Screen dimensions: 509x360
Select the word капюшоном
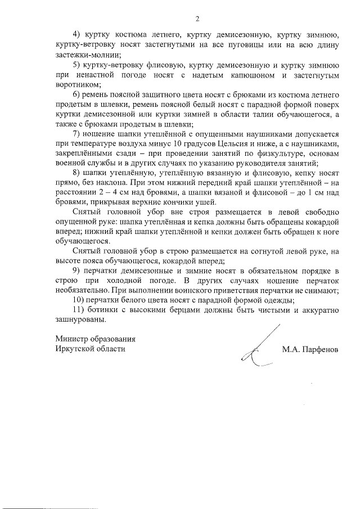(252, 74)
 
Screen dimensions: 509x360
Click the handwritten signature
(258, 349)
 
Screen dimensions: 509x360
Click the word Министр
(73, 339)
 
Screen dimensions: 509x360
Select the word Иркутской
(76, 348)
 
